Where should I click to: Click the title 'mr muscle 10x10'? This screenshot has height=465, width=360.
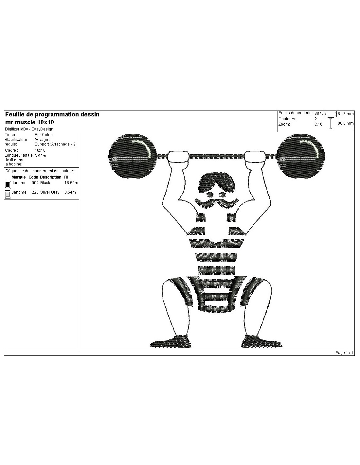click(x=29, y=122)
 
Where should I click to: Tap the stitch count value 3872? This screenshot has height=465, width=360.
click(x=319, y=113)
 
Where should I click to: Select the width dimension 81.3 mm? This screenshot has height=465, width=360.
click(x=346, y=114)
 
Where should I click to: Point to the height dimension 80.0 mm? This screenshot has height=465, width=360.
click(x=346, y=123)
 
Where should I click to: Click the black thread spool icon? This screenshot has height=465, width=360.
click(x=8, y=185)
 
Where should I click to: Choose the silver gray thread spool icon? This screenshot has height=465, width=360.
click(x=8, y=194)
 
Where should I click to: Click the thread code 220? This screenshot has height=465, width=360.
click(x=35, y=192)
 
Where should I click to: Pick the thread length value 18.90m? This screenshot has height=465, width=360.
click(x=71, y=183)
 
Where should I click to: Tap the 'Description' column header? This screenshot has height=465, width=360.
click(x=51, y=177)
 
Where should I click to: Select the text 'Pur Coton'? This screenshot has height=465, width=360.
click(x=44, y=135)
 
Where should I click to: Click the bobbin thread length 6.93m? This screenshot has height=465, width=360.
click(x=40, y=156)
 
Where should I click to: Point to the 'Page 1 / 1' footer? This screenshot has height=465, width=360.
click(x=344, y=353)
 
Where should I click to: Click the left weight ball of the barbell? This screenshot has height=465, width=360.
click(x=133, y=156)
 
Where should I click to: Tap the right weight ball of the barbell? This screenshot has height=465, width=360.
click(x=300, y=156)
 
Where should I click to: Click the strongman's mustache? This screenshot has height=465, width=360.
click(x=217, y=203)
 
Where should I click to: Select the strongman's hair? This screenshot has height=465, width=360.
click(x=217, y=182)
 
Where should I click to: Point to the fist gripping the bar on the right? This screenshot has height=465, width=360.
click(x=255, y=157)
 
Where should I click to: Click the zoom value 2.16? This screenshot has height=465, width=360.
click(x=318, y=124)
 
